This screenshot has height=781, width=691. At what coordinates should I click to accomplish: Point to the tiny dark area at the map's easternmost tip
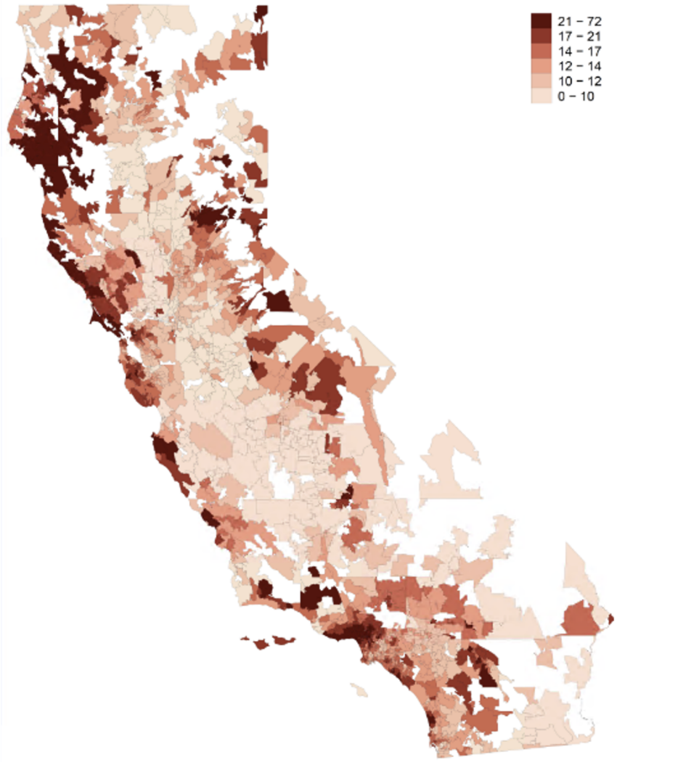click(x=611, y=618)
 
